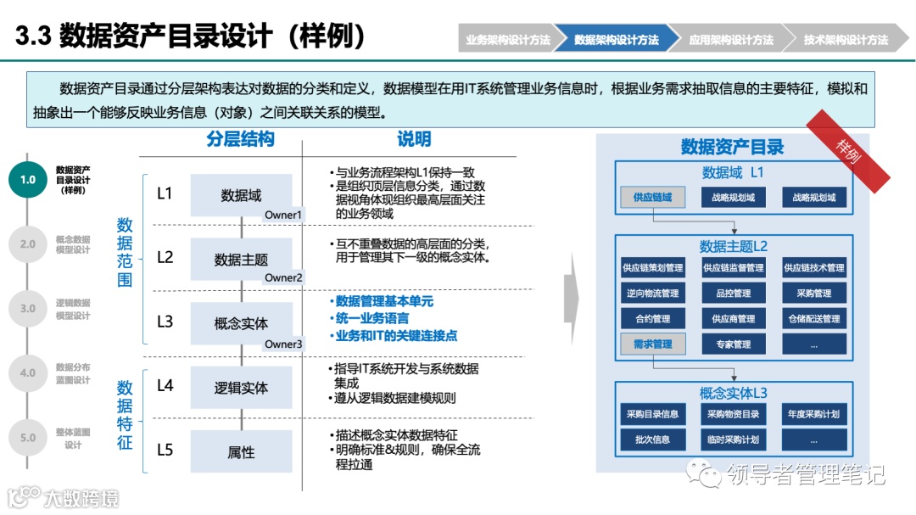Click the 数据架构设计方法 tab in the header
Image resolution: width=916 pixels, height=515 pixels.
click(617, 40)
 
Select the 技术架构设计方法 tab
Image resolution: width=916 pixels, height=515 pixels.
click(846, 40)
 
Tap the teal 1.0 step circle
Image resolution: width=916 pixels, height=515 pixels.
click(28, 179)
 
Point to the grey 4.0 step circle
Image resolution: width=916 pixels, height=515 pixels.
click(28, 372)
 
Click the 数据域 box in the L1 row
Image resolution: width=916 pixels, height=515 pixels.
click(241, 195)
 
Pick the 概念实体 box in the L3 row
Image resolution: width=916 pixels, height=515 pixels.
click(241, 323)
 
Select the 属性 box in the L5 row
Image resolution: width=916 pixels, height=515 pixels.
click(241, 452)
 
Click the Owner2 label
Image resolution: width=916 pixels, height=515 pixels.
click(283, 277)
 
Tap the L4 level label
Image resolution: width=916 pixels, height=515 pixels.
click(165, 386)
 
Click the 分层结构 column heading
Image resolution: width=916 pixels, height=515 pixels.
click(240, 139)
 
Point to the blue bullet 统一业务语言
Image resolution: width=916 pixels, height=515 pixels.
click(372, 318)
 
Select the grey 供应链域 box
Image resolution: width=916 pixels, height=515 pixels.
click(652, 198)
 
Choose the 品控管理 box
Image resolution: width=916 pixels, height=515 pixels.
click(733, 294)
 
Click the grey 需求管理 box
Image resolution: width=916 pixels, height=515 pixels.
click(652, 344)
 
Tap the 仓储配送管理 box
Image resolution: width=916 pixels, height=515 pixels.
click(814, 319)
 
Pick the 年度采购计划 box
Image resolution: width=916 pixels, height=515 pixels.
click(814, 414)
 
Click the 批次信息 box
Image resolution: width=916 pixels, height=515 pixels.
click(652, 439)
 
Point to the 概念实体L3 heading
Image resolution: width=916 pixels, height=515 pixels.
click(733, 394)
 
